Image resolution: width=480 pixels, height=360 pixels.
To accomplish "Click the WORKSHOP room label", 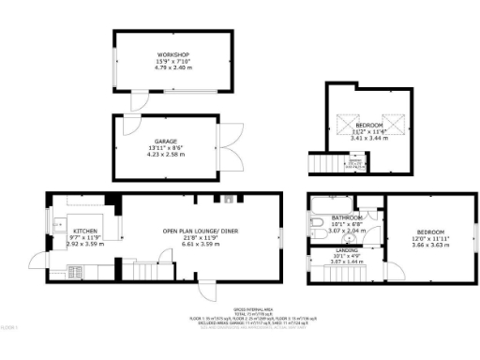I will pos(173,54).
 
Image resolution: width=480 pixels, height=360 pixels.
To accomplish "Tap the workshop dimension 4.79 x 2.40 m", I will pos(173,67).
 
